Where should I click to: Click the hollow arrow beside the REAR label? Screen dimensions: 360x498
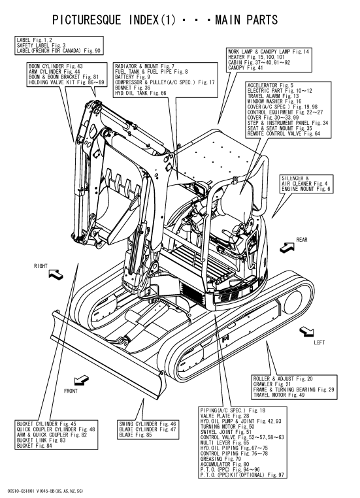[x=287, y=248]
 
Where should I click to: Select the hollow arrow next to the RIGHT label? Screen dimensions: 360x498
[x=56, y=274]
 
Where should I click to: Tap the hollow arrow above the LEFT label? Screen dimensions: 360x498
[x=306, y=332]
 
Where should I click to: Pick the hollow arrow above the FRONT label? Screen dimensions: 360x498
[x=81, y=380]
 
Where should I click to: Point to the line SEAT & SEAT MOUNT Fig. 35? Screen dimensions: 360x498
[x=280, y=128]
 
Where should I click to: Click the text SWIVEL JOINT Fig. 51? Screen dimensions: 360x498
[x=225, y=432]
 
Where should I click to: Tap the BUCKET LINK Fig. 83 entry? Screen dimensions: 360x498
[x=41, y=440]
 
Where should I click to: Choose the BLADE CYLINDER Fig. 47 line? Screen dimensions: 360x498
[x=147, y=429]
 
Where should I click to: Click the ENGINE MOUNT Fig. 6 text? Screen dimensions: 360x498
[x=306, y=189]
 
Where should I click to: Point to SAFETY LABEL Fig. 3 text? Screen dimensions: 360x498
[x=41, y=45]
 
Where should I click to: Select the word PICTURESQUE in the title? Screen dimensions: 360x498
[x=87, y=20]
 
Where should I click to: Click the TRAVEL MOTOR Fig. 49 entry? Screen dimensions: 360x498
[x=279, y=395]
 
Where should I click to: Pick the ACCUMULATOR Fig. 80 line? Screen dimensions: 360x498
[x=225, y=464]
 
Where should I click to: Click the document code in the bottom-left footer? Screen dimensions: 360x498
[x=44, y=491]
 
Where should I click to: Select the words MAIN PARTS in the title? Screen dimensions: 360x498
[x=246, y=20]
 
